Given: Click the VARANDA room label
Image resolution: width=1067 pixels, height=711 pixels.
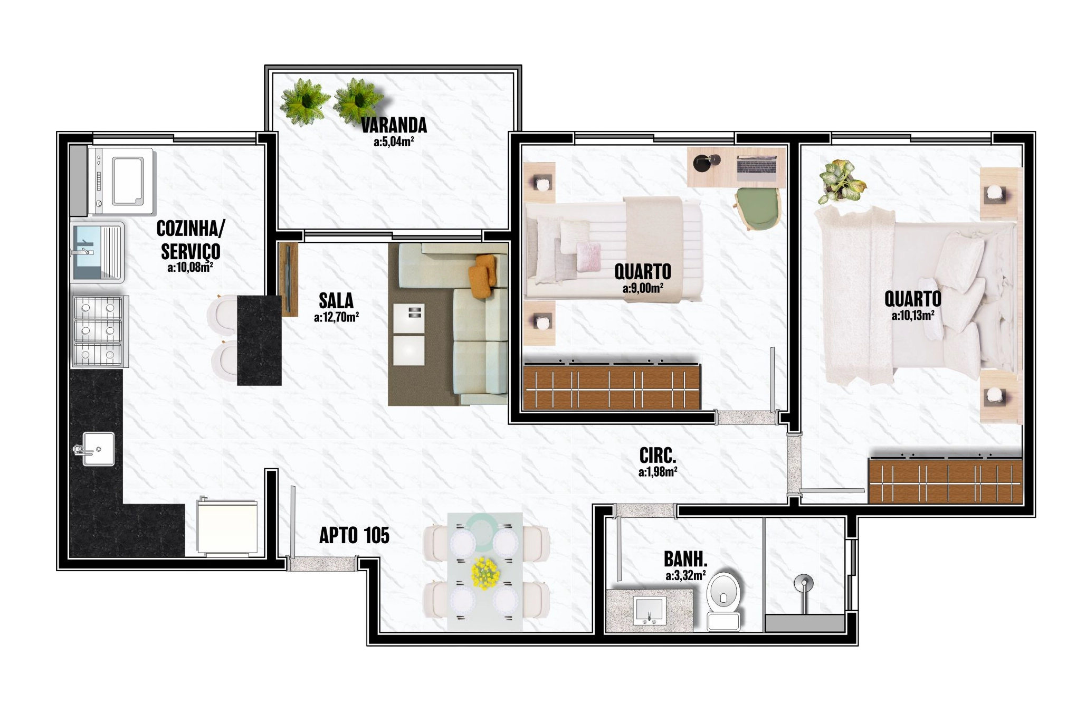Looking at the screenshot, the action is pyautogui.click(x=394, y=125).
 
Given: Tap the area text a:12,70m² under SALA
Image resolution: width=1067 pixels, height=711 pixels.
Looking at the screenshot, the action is pyautogui.click(x=336, y=317).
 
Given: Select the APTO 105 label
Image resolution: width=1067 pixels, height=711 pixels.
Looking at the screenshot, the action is pyautogui.click(x=354, y=535).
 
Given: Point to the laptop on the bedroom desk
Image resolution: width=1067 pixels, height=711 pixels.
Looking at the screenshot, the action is pyautogui.click(x=757, y=165).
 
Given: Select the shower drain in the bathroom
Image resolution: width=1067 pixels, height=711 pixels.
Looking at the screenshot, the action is pyautogui.click(x=804, y=583).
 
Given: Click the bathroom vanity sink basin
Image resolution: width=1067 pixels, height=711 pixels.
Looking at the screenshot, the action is pyautogui.click(x=649, y=612).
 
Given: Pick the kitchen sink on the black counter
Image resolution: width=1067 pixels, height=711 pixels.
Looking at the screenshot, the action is pyautogui.click(x=97, y=449).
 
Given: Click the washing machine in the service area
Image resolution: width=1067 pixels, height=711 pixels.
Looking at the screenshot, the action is pyautogui.click(x=121, y=181).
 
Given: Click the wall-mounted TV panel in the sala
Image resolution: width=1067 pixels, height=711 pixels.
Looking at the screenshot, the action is pyautogui.click(x=288, y=279).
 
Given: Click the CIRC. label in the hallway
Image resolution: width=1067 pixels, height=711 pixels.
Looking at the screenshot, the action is pyautogui.click(x=658, y=455).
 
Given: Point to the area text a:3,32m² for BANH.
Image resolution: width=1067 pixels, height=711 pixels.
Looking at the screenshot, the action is pyautogui.click(x=685, y=575).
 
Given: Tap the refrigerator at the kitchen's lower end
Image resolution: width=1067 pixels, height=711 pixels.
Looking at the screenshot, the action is pyautogui.click(x=227, y=527).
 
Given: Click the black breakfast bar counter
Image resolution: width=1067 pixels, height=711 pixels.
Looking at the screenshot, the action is pyautogui.click(x=259, y=340).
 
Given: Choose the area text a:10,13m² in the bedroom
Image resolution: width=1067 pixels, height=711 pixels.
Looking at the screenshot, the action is pyautogui.click(x=913, y=316).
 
